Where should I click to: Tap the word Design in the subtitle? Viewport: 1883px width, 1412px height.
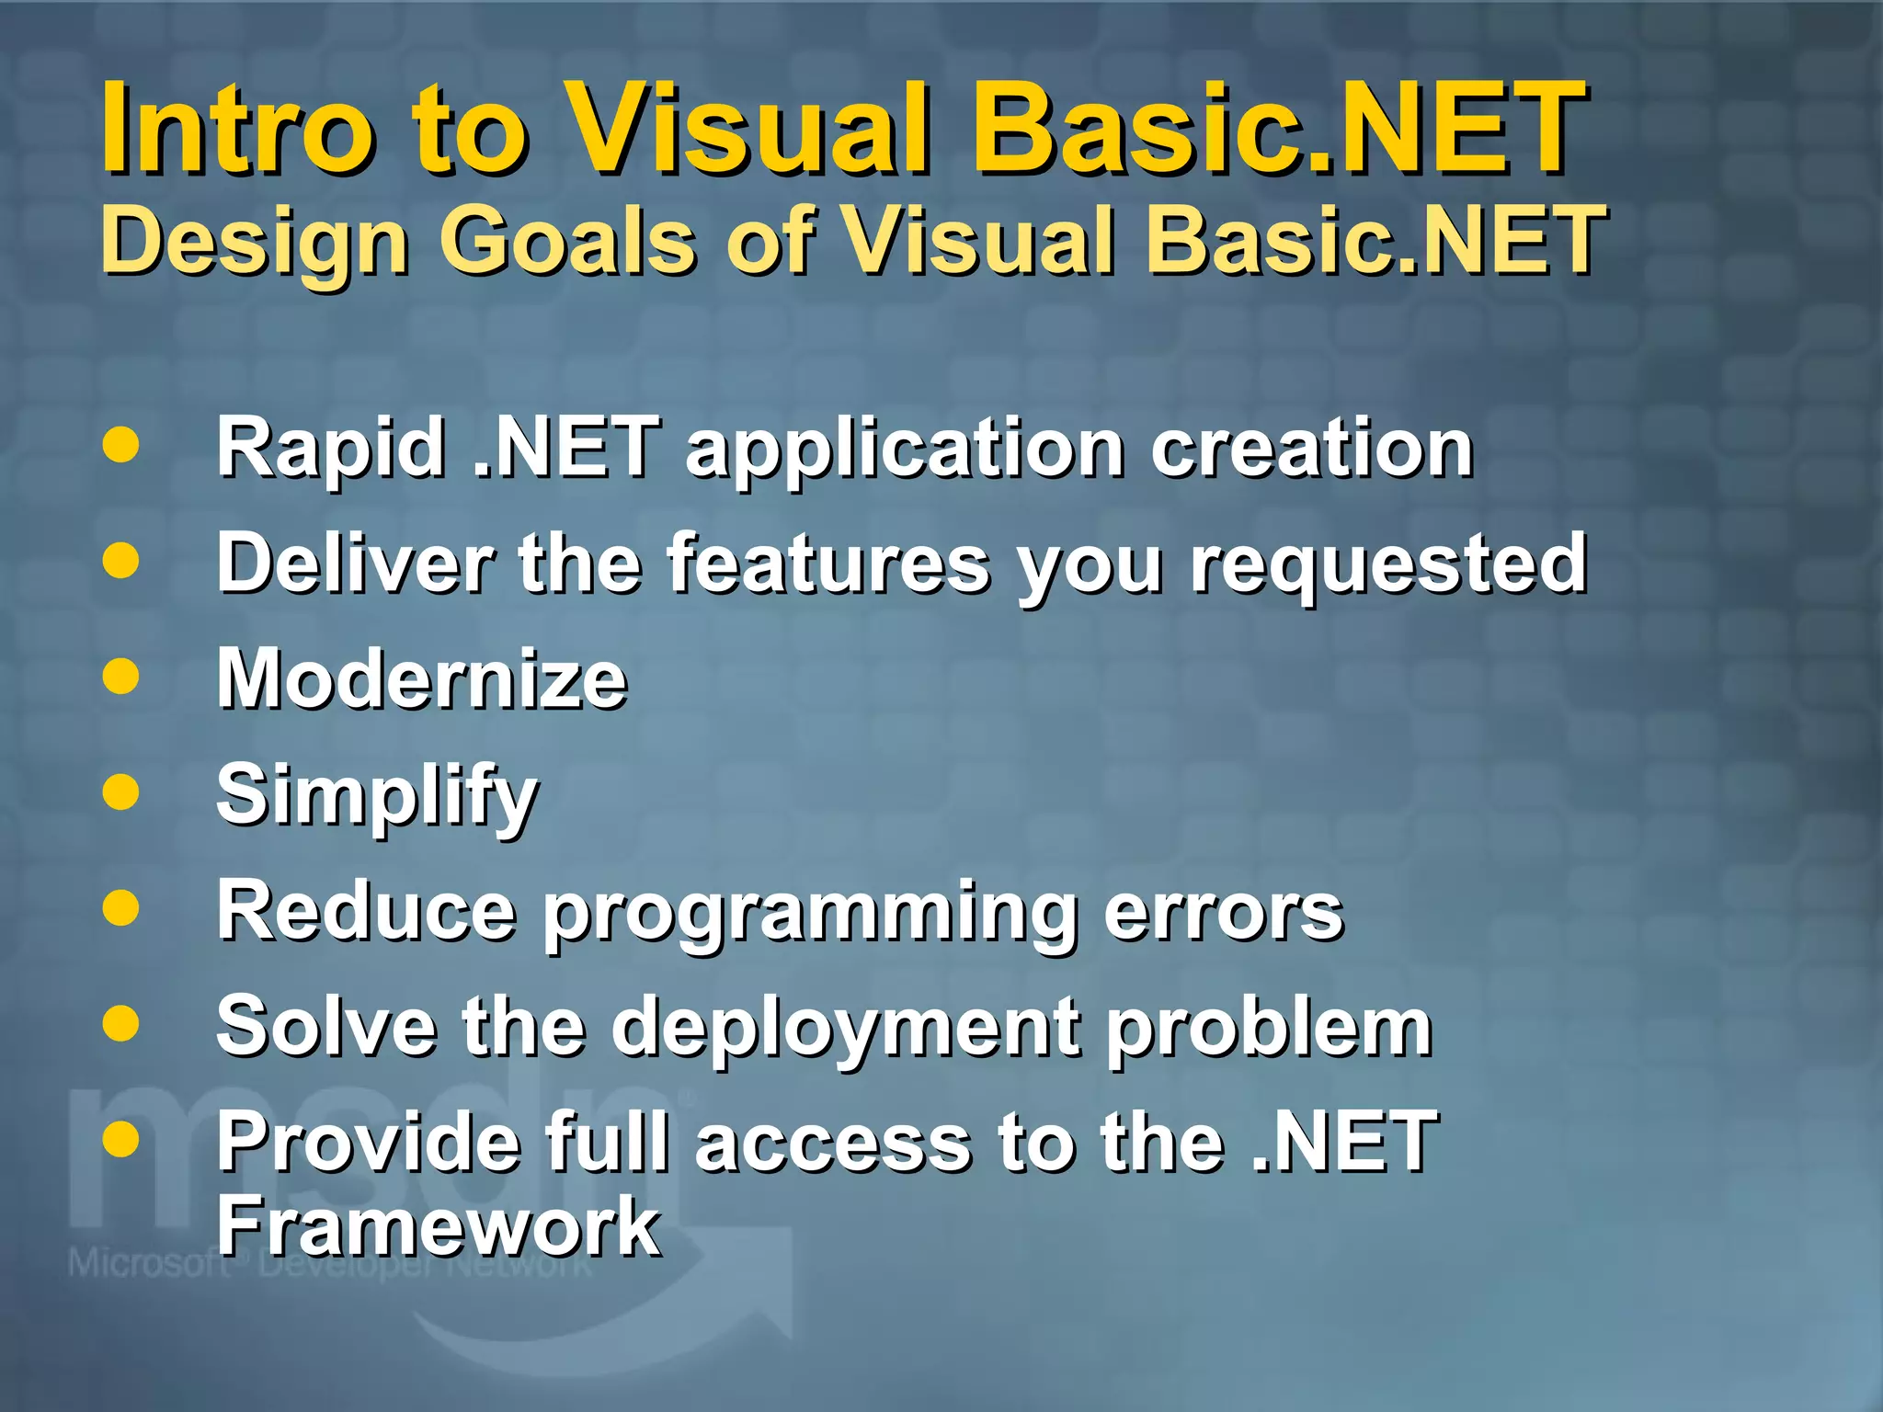[254, 241]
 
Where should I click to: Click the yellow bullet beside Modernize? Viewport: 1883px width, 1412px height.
[121, 678]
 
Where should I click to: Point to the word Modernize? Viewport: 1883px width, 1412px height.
[421, 679]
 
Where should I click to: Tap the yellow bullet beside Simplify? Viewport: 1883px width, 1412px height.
[121, 792]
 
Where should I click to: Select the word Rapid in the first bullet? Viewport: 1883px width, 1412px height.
[330, 450]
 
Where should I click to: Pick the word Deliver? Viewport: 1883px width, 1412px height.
[355, 564]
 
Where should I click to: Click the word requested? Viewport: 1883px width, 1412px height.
[1388, 565]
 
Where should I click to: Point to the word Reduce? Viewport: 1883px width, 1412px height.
[366, 911]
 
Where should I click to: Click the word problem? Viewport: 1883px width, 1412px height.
[1269, 1029]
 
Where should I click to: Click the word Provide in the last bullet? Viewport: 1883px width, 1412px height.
[368, 1142]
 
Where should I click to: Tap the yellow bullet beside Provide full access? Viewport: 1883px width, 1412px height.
[121, 1140]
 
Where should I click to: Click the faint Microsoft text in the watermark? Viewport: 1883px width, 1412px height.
[147, 1263]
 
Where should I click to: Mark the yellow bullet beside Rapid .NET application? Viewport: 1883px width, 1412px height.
[121, 445]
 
